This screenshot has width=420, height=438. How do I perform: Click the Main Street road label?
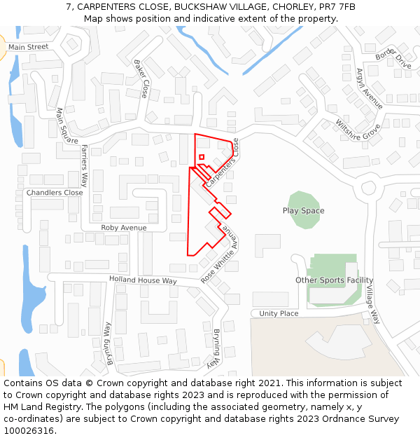pyautogui.click(x=28, y=47)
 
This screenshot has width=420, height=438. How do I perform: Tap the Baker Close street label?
pyautogui.click(x=141, y=78)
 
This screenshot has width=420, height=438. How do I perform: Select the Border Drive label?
pyautogui.click(x=393, y=57)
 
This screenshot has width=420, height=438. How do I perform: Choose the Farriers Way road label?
pyautogui.click(x=85, y=165)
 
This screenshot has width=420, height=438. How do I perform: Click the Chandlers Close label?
pyautogui.click(x=55, y=193)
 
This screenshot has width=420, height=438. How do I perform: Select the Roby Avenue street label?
pyautogui.click(x=124, y=228)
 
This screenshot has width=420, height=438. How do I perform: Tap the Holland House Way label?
pyautogui.click(x=143, y=280)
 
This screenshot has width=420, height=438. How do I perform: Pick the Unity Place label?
pyautogui.click(x=279, y=313)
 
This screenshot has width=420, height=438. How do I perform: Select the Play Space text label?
pyautogui.click(x=303, y=211)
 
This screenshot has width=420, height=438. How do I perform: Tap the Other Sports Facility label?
pyautogui.click(x=334, y=280)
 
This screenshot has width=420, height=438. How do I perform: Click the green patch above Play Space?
pyautogui.click(x=303, y=199)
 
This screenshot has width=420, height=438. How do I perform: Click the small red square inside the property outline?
pyautogui.click(x=202, y=157)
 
